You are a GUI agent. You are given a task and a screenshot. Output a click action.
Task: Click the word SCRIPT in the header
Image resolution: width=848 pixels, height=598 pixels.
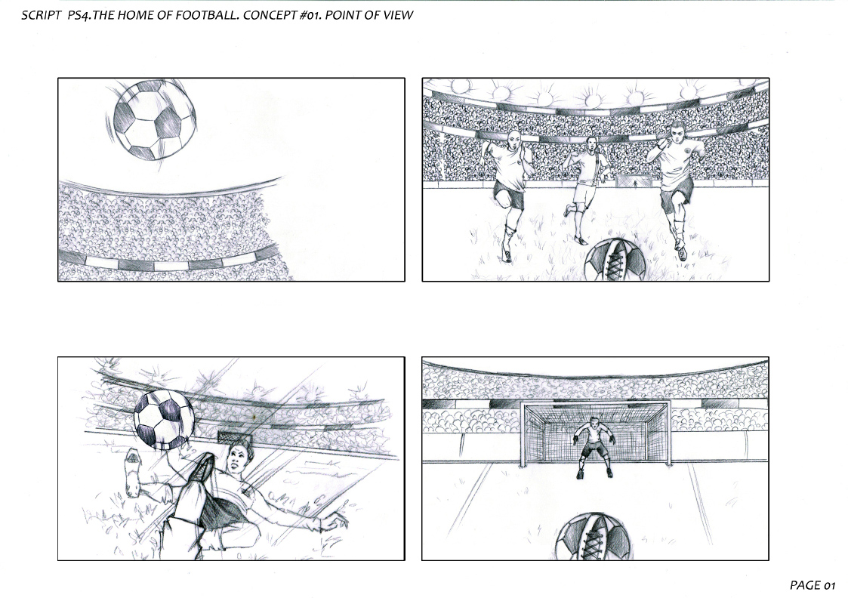click(x=41, y=15)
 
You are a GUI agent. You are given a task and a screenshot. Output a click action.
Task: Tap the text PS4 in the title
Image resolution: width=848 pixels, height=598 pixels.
click(x=79, y=15)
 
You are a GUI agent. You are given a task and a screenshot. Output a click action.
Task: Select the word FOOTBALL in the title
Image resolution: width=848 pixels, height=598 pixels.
click(x=211, y=15)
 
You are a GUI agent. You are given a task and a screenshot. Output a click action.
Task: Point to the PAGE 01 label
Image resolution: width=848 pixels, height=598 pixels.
click(x=813, y=585)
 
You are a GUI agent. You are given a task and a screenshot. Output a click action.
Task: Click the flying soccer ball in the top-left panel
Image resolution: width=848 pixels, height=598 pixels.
click(x=155, y=119)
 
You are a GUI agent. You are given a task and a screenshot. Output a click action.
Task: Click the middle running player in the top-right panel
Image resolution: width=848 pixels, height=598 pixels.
click(x=585, y=190)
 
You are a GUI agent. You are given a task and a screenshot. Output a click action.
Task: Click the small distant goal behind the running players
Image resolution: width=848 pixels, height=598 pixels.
click(x=634, y=180)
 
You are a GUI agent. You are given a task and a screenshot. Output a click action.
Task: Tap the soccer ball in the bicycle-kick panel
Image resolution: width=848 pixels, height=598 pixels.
click(x=164, y=420)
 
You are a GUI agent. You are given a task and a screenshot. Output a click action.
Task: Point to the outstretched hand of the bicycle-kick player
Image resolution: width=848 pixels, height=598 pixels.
click(x=335, y=522)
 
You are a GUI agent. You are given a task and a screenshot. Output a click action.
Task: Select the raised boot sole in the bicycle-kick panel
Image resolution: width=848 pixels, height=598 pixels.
click(x=132, y=473)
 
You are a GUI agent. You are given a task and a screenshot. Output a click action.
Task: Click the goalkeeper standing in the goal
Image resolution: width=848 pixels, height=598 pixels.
click(x=594, y=447)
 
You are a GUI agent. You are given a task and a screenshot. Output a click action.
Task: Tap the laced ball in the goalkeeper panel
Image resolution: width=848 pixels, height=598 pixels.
click(x=594, y=536)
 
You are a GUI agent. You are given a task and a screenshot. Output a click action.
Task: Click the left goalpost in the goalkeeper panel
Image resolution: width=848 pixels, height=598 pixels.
click(x=523, y=434)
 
